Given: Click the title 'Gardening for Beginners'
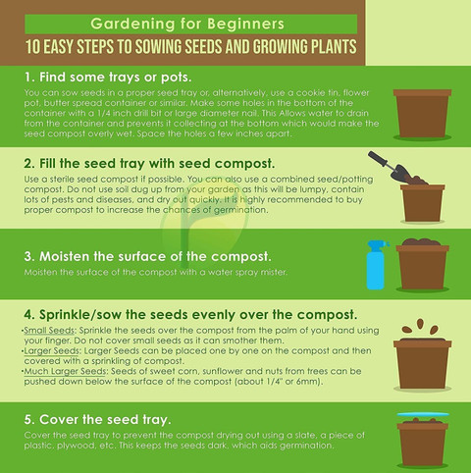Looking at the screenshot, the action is (x=187, y=24).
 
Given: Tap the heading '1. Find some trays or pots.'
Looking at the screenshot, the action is (x=108, y=78).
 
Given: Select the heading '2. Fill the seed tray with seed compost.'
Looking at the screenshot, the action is (x=149, y=164).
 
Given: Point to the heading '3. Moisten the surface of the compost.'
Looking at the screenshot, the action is (x=147, y=256).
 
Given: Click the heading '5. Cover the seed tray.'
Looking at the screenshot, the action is (x=97, y=419).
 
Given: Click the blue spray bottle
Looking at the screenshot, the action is (x=376, y=265).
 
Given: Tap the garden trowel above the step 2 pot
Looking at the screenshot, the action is (x=390, y=167).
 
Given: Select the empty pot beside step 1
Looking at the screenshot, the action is (x=422, y=114).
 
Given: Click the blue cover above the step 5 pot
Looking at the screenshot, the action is (x=423, y=414).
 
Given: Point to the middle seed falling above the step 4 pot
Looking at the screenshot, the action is (x=420, y=324).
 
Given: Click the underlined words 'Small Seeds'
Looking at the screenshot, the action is (x=49, y=331).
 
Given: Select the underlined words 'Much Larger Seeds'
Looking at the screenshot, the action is (x=65, y=372).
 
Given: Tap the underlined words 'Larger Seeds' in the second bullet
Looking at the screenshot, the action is (x=51, y=351).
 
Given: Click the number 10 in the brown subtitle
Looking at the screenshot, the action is (x=32, y=46).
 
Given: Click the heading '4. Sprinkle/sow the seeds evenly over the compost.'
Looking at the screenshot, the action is (x=190, y=315).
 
